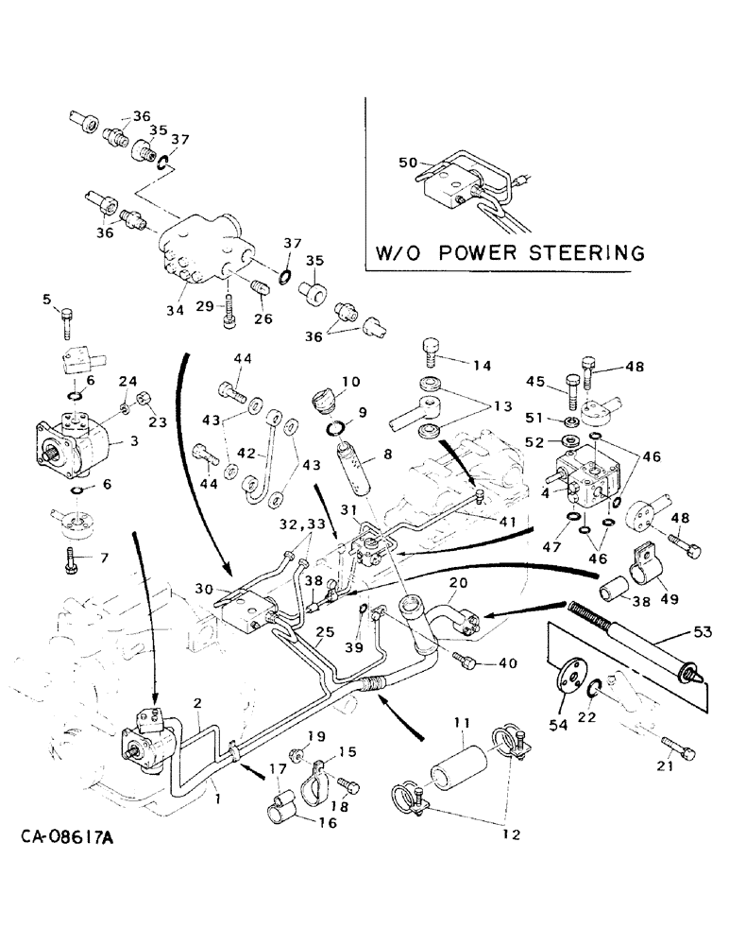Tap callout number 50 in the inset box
tap(408, 163)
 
